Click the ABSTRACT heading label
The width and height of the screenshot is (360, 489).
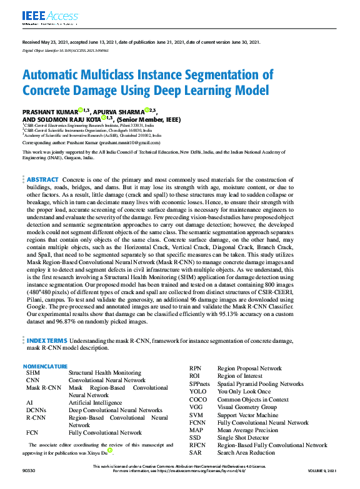click(x=42, y=180)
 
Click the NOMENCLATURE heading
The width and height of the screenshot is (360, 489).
click(x=45, y=366)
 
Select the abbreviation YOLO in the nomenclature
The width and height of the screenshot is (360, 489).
click(x=198, y=392)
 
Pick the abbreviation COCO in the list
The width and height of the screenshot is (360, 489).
click(x=198, y=400)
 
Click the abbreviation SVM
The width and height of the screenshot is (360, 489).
click(x=196, y=415)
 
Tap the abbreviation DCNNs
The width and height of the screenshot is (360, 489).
click(x=37, y=410)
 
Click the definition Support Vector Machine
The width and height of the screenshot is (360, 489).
click(x=248, y=415)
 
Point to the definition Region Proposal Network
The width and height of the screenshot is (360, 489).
click(x=249, y=369)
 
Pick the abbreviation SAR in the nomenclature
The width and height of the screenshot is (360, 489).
click(x=196, y=452)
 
